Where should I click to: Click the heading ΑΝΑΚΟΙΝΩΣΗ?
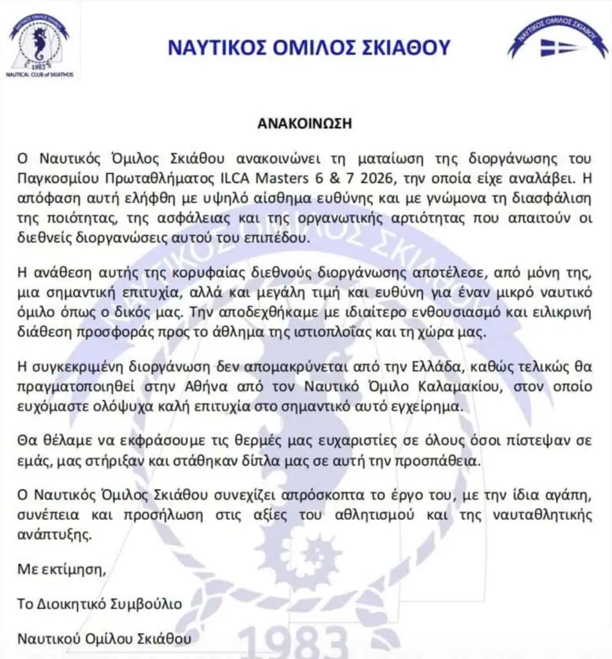coord(306,124)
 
